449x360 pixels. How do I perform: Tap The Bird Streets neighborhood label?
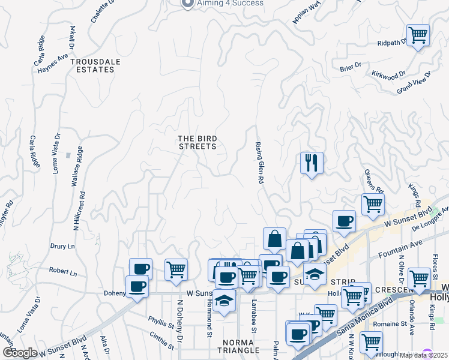pos(197,142)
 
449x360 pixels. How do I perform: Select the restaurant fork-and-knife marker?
pos(312,163)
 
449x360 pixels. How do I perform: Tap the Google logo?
pos(20,353)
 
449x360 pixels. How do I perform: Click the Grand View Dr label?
pos(414,82)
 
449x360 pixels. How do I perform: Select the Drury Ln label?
pos(62,246)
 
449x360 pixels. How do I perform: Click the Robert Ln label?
pos(63,272)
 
